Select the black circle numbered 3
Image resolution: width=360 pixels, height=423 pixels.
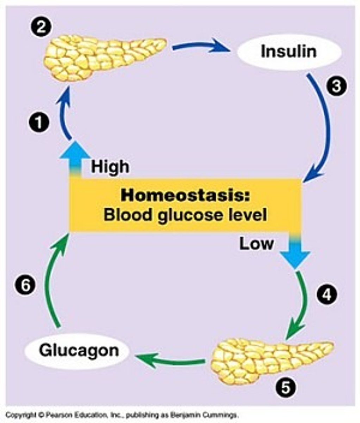336,86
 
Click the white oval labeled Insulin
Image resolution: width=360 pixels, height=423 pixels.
289,52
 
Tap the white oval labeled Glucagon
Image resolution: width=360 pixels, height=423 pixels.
79,351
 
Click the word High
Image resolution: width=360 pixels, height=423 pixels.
110,166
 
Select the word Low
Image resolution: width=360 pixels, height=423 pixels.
256,244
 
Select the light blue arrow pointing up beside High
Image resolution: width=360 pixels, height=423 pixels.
74,157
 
